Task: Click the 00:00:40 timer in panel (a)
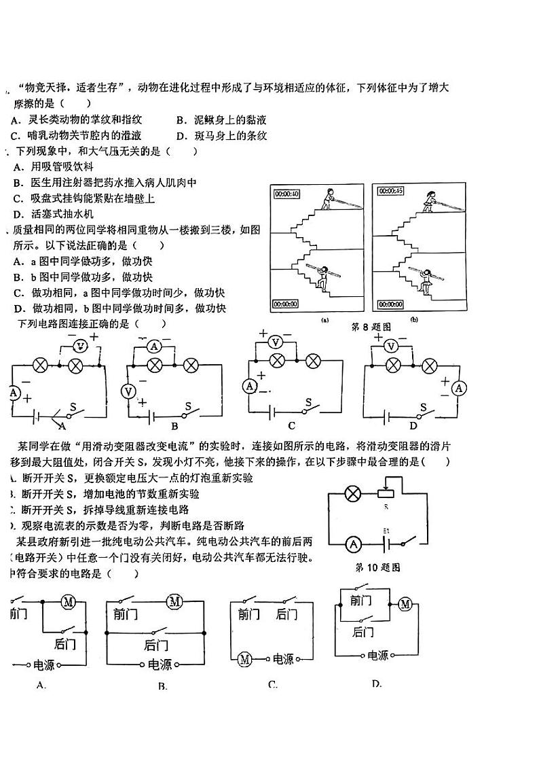coord(286,194)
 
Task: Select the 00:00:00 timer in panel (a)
coord(286,304)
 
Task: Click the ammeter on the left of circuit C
coord(249,386)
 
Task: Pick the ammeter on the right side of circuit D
coord(460,388)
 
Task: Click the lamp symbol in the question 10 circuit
coord(352,494)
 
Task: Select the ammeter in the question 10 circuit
coord(352,544)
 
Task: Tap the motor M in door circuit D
coord(405,604)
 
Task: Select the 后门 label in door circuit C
coord(286,614)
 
